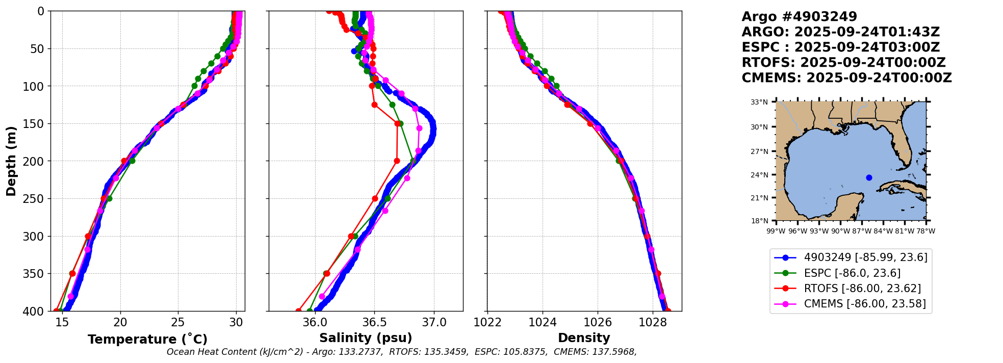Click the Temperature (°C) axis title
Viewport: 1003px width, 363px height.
pyautogui.click(x=147, y=339)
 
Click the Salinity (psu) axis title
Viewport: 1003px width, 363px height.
pyautogui.click(x=366, y=338)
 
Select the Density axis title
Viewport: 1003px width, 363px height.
pyautogui.click(x=584, y=338)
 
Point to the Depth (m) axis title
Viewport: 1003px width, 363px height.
pyautogui.click(x=11, y=161)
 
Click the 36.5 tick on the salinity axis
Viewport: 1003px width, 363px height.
pyautogui.click(x=374, y=323)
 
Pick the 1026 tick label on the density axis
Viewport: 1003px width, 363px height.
pyautogui.click(x=598, y=323)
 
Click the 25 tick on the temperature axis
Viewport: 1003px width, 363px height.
pyautogui.click(x=178, y=323)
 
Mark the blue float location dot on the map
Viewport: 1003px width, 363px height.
pyautogui.click(x=869, y=178)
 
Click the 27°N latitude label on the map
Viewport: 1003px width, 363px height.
pyautogui.click(x=759, y=151)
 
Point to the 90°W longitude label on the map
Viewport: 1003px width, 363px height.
pyautogui.click(x=840, y=231)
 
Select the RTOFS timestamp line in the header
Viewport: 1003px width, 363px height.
pyautogui.click(x=843, y=63)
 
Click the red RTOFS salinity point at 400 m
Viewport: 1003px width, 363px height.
pyautogui.click(x=298, y=311)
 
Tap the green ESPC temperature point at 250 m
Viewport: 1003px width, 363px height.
pyautogui.click(x=109, y=198)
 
